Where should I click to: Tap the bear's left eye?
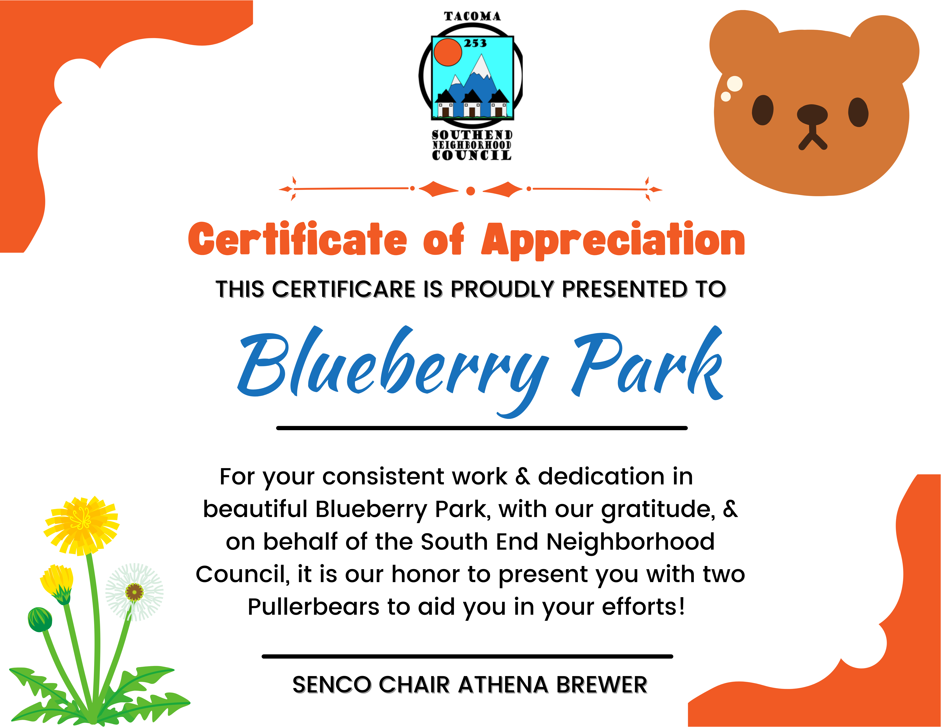(x=763, y=110)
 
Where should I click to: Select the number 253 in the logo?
(x=475, y=43)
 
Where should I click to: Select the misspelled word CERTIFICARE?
(x=343, y=289)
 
